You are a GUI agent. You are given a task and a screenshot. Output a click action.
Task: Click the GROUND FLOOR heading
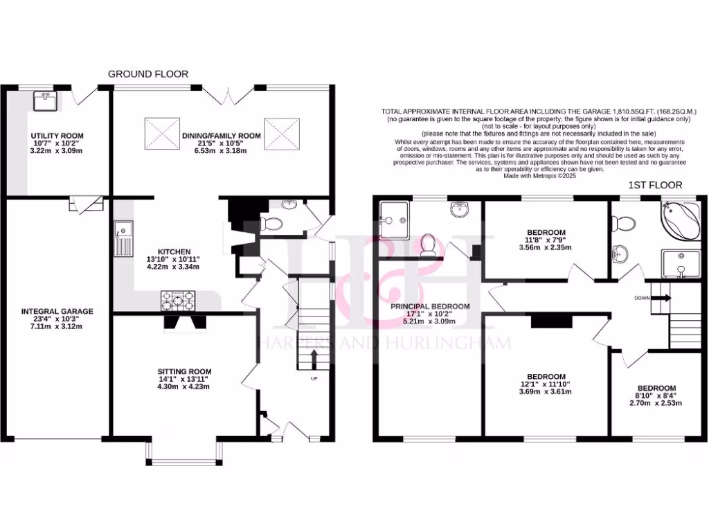click(x=147, y=74)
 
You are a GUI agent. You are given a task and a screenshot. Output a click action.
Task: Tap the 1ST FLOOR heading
click(x=654, y=185)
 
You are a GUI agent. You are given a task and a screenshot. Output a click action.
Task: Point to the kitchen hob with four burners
click(x=177, y=301)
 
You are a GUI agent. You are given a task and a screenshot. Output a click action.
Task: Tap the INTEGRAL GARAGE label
click(x=57, y=312)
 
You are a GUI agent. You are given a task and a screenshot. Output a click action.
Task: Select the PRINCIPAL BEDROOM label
click(x=430, y=306)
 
